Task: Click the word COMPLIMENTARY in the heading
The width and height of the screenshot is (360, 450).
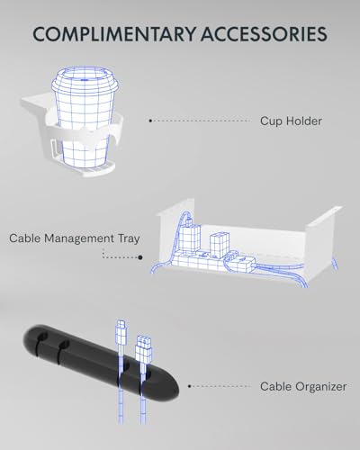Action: pos(114,34)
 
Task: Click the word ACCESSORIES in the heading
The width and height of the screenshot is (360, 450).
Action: pos(264,34)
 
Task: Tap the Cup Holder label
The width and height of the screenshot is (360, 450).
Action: pos(291,121)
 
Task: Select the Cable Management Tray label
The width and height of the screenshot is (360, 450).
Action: pos(75,238)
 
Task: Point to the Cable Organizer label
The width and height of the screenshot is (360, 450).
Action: pos(303,386)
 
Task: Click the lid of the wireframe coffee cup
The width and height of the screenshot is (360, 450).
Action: pos(85,78)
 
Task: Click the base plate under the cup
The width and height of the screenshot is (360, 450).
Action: pos(90,170)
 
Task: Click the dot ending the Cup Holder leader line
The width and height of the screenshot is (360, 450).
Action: pos(150,121)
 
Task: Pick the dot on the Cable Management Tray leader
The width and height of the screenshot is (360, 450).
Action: pos(140,257)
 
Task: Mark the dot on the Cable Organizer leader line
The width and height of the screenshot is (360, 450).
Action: pos(189,386)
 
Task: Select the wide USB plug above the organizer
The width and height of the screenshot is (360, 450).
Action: pos(144,349)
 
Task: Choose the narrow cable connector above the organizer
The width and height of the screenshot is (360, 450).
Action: pos(121,333)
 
